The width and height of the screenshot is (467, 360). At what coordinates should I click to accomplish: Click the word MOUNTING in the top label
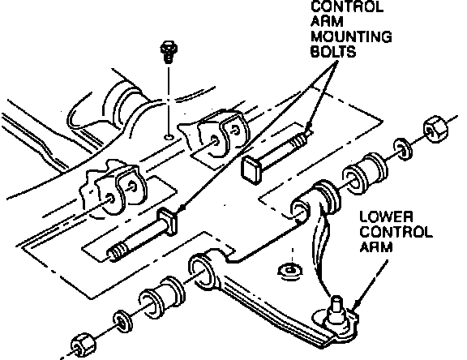click(x=351, y=37)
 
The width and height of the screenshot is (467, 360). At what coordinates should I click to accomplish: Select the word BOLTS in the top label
click(x=333, y=52)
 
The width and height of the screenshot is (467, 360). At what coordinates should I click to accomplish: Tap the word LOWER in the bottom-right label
click(x=386, y=216)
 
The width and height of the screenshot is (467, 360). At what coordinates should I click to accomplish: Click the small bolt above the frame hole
click(x=169, y=52)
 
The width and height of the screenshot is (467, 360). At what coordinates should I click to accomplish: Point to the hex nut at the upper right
click(x=435, y=129)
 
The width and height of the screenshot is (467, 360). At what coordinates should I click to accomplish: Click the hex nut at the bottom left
click(x=84, y=345)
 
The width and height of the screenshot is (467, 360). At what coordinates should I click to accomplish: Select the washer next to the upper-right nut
click(x=404, y=148)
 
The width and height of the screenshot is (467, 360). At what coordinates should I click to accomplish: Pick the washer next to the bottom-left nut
click(x=122, y=322)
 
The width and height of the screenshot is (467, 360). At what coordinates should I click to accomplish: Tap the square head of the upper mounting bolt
click(x=251, y=169)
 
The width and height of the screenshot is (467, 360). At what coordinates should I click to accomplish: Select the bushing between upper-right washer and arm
click(x=365, y=174)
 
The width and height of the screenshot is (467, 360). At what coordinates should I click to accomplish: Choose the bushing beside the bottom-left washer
click(x=161, y=298)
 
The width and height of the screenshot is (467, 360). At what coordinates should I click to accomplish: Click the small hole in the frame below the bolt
click(x=169, y=137)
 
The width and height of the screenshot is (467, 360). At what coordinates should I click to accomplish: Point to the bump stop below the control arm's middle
click(x=290, y=271)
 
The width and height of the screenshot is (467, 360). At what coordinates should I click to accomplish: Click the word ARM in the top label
click(x=323, y=22)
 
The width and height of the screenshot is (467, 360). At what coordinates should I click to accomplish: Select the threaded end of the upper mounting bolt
click(x=301, y=139)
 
